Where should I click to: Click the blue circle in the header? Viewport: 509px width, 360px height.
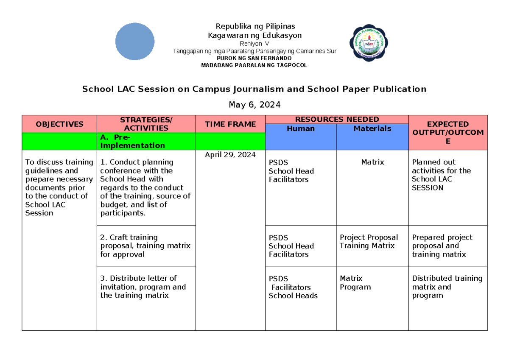pyautogui.click(x=135, y=42)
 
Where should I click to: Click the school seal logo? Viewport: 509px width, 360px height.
pyautogui.click(x=369, y=42)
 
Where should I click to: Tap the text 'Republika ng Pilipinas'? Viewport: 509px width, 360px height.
pyautogui.click(x=255, y=27)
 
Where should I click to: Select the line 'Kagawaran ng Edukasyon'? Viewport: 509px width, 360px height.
pyautogui.click(x=255, y=36)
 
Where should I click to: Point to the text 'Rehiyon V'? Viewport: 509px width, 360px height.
pyautogui.click(x=255, y=44)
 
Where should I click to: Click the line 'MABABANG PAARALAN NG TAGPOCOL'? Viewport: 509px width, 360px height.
pyautogui.click(x=255, y=65)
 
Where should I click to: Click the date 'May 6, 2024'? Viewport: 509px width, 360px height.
pyautogui.click(x=255, y=105)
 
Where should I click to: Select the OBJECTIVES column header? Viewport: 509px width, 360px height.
pyautogui.click(x=59, y=124)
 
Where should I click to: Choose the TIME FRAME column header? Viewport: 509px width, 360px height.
pyautogui.click(x=230, y=124)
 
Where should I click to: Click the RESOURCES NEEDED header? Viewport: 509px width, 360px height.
pyautogui.click(x=337, y=120)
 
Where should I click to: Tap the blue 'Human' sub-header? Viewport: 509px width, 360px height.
pyautogui.click(x=301, y=128)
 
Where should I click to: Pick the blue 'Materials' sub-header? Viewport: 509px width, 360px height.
pyautogui.click(x=372, y=128)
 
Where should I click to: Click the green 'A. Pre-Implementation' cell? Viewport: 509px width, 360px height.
pyautogui.click(x=146, y=142)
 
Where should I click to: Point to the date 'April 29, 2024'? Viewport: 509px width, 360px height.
pyautogui.click(x=230, y=155)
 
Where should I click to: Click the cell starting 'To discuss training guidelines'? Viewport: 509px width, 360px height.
pyautogui.click(x=59, y=187)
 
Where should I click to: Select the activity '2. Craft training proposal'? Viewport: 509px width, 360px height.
pyautogui.click(x=145, y=246)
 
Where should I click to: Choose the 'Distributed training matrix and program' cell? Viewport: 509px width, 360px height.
pyautogui.click(x=447, y=287)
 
